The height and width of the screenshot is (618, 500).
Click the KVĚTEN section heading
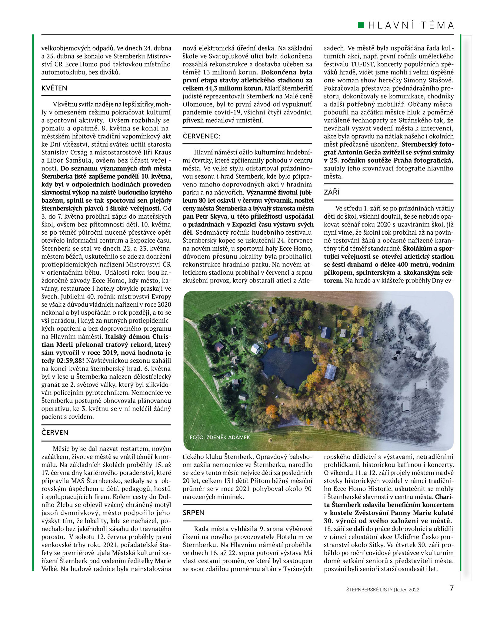point(55,88)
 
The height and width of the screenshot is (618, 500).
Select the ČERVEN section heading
point(55,432)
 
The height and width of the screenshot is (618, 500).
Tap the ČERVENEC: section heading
point(202,136)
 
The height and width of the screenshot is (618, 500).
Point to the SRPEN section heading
point(194,513)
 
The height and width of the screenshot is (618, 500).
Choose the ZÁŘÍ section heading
point(332,192)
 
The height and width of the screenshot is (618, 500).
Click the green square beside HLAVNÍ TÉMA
point(361,25)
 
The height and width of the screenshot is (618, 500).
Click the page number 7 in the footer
point(452,588)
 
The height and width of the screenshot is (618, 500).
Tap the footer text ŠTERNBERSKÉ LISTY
point(369,590)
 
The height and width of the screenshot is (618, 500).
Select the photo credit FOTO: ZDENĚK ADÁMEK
point(220,437)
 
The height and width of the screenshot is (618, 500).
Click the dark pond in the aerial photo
point(288,366)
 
